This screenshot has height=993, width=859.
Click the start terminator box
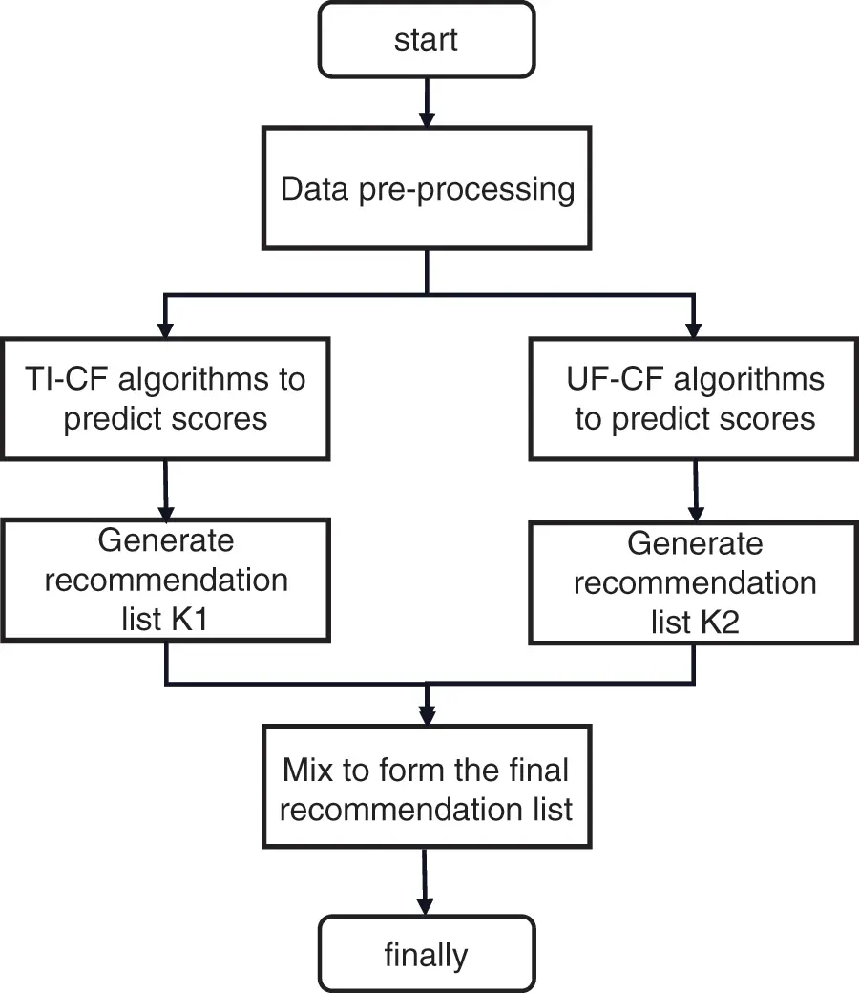point(427,40)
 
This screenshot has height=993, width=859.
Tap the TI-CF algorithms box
point(166,398)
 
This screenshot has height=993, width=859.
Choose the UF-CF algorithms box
point(694,398)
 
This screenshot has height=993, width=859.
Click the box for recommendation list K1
point(166,580)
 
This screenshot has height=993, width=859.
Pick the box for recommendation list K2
point(694,582)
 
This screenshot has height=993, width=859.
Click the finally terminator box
point(427,954)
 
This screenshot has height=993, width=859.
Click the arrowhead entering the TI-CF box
point(166,327)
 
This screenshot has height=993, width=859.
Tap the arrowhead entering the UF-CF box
point(694,327)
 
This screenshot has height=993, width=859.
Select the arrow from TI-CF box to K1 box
point(166,489)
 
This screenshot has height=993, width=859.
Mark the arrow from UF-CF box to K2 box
point(694,491)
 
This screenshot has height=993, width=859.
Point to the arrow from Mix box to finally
point(427,882)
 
